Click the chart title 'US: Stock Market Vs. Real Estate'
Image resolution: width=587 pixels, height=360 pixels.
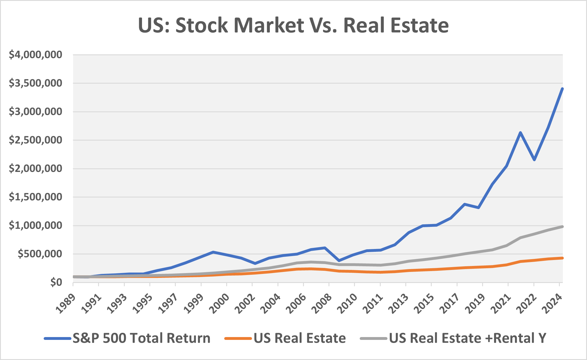click(x=293, y=25)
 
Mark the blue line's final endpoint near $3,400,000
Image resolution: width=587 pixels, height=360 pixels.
click(x=562, y=89)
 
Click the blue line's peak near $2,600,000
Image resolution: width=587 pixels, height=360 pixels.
click(x=520, y=133)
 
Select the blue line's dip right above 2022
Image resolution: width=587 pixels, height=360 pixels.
click(x=534, y=160)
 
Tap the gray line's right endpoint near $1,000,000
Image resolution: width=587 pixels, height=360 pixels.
click(x=562, y=227)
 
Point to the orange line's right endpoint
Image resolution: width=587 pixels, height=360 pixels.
click(x=562, y=258)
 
